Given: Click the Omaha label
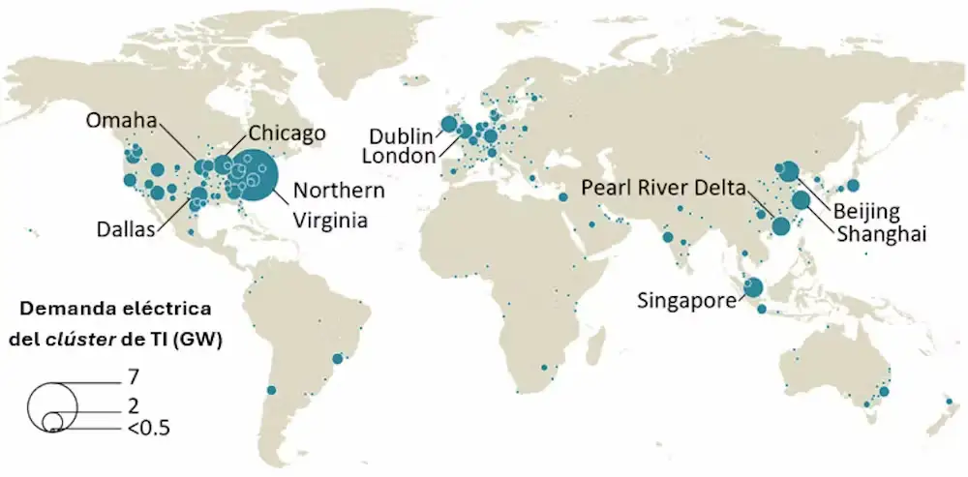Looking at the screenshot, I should pyautogui.click(x=121, y=120).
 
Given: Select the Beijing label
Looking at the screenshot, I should pyautogui.click(x=868, y=211).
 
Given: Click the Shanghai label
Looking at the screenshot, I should pyautogui.click(x=882, y=233).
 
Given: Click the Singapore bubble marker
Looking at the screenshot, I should pyautogui.click(x=753, y=288).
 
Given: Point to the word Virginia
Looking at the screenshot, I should pyautogui.click(x=330, y=221).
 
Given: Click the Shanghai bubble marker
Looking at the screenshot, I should pyautogui.click(x=801, y=201).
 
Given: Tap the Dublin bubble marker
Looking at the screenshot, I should pyautogui.click(x=448, y=124).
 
